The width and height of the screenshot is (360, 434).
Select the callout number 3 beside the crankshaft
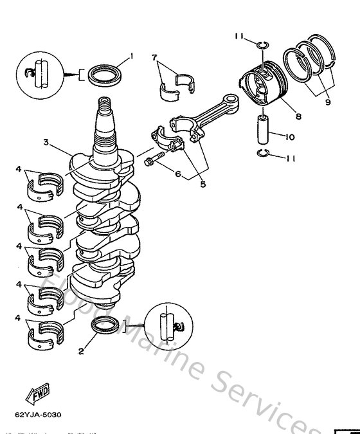pos(46,143)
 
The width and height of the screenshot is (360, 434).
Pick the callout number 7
pos(155,57)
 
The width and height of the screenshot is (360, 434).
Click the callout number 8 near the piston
pos(298,116)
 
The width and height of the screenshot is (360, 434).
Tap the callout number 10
pos(289,136)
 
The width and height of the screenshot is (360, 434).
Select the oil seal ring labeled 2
pos(105,327)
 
